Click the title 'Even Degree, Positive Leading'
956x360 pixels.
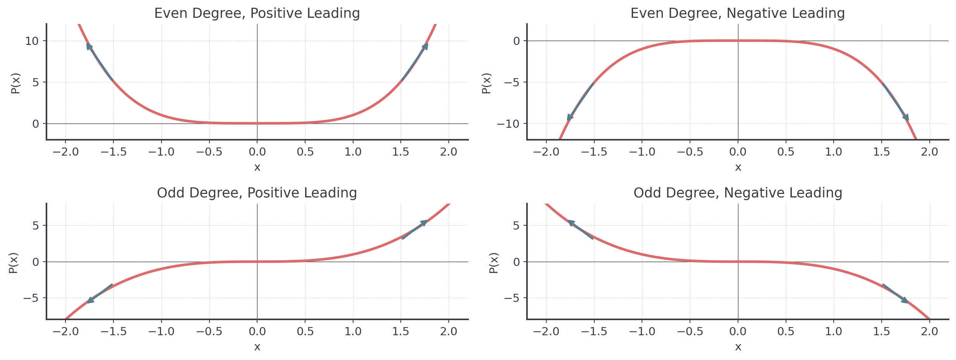coord(257,14)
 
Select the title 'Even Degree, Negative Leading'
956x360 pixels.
coord(737,14)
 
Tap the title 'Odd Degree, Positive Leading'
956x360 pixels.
coord(257,193)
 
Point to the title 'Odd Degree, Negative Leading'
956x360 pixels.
coord(738,193)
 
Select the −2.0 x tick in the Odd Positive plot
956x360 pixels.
coord(65,331)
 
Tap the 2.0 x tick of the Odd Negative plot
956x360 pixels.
coord(929,331)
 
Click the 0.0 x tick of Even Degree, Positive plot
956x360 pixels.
coord(257,152)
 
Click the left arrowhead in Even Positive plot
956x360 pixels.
coord(89,46)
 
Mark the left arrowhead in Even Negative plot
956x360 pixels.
coord(570,117)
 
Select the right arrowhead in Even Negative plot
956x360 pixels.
coord(906,117)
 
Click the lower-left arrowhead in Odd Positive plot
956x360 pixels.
coord(90,300)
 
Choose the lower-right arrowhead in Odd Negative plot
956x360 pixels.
coord(905,300)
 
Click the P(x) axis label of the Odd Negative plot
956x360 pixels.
coord(493,263)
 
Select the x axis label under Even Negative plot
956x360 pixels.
coord(738,168)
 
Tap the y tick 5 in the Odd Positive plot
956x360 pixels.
coord(36,226)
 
